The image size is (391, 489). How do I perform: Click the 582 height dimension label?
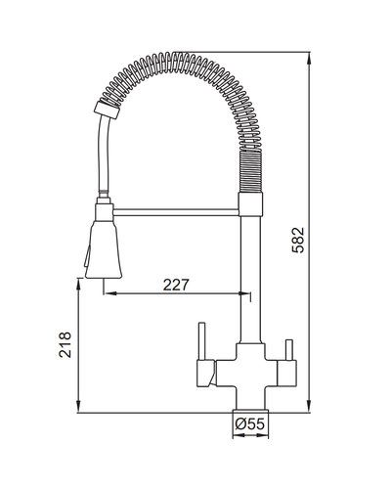pyautogui.click(x=298, y=241)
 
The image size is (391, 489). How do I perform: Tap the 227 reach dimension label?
pyautogui.click(x=176, y=285)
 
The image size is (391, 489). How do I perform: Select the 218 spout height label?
pyautogui.click(x=65, y=344)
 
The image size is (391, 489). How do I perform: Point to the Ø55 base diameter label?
pyautogui.click(x=249, y=424)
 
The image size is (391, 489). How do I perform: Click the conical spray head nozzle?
pyautogui.click(x=104, y=249)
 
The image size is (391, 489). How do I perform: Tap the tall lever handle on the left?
pyautogui.click(x=202, y=341)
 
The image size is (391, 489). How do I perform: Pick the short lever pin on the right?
pyautogui.click(x=289, y=350)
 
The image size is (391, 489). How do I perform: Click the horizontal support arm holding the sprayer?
pyautogui.click(x=176, y=212)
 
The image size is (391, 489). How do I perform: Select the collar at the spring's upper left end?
pyautogui.click(x=107, y=111)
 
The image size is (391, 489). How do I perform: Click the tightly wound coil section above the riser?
pyautogui.click(x=250, y=171)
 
